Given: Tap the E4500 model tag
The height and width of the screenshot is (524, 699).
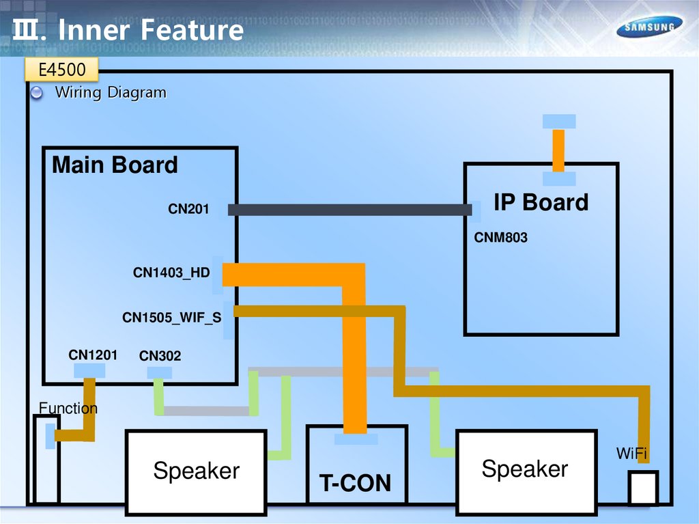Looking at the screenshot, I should pos(61,70).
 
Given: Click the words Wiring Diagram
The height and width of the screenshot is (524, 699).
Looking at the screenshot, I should pos(111,92).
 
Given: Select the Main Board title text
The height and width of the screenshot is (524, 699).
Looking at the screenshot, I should pos(115,165).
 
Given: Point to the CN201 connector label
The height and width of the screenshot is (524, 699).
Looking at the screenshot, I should pos(188,209).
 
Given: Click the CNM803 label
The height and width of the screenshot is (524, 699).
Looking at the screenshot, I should pos(500,238).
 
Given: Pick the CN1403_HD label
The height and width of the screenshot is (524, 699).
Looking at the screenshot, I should pos(171,273).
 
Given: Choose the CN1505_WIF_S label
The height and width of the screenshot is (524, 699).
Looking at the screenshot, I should pos(171,318).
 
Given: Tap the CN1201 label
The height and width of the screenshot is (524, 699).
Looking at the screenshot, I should pos(93,355).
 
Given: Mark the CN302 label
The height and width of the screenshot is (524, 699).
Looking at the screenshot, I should pos(160,356).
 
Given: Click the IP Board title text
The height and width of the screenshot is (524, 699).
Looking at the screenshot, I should pos(541,202).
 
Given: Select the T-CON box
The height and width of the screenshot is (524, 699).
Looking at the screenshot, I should pos(356,471).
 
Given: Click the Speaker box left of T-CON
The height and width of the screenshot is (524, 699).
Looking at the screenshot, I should pos(196,471).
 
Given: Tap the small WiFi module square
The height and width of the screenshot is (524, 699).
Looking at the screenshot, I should pos(642,488).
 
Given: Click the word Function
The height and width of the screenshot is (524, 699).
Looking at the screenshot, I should pos(68,409).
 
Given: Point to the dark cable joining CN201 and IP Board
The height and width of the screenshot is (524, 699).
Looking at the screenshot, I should pos(348,210).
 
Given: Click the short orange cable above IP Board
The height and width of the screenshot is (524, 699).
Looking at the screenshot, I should pos(558,150).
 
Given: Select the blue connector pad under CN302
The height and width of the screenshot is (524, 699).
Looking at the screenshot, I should pos(160,373).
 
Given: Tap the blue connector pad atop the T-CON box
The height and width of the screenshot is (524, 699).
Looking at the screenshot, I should pos(356,439).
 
